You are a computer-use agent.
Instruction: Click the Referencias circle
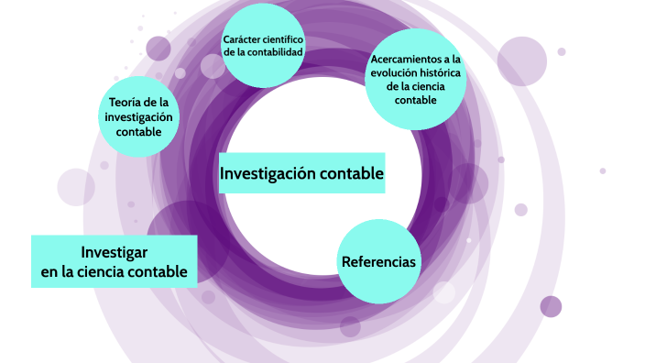tap(378, 261)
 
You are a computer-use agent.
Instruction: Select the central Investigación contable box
tap(301, 173)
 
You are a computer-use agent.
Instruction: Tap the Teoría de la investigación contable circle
tap(138, 116)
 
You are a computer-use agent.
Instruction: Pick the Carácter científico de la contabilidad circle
tap(263, 46)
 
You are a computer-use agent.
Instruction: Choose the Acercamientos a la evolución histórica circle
tap(415, 80)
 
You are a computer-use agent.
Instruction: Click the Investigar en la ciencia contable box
tap(115, 261)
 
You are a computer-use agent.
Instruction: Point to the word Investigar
tap(115, 252)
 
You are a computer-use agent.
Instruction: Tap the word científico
tap(285, 39)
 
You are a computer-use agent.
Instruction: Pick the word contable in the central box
tap(353, 173)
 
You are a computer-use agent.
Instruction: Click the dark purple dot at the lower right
tap(551, 306)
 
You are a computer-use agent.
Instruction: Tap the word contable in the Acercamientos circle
tap(415, 99)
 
